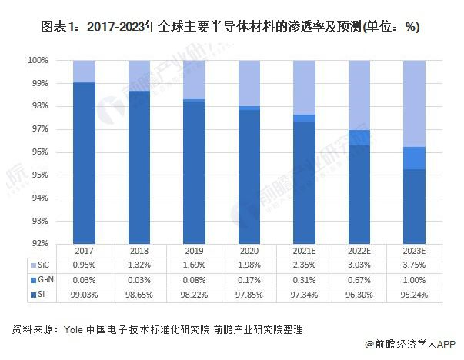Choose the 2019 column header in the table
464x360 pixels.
pos(195,252)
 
